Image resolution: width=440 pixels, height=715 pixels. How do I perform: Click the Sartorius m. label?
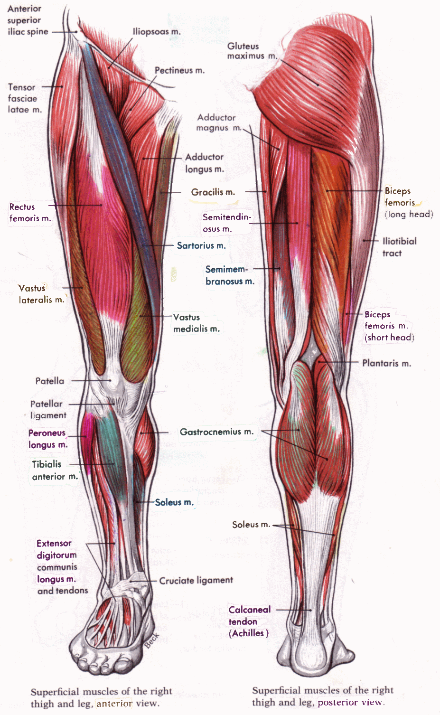[x=201, y=245]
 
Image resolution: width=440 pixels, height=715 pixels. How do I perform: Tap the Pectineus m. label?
[x=179, y=70]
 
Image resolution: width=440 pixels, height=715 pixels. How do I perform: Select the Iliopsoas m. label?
[x=157, y=32]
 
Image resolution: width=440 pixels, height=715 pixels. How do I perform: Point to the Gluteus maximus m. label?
[x=252, y=51]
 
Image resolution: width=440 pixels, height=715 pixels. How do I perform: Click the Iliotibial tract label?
[x=399, y=247]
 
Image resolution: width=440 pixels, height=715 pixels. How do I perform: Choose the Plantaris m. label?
[x=386, y=363]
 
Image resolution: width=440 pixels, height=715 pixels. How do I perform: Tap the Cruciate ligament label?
[x=196, y=580]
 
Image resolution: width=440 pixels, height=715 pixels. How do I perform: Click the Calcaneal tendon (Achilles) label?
[x=249, y=621]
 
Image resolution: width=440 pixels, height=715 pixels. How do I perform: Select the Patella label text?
[x=49, y=381]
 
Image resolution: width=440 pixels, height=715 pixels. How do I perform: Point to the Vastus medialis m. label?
[x=196, y=323]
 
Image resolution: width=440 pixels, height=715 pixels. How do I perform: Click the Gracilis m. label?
[x=213, y=192]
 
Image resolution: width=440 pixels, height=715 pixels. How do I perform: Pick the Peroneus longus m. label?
[x=47, y=439]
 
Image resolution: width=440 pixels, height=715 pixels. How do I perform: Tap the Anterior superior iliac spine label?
[x=27, y=20]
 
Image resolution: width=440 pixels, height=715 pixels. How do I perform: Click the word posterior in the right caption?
[x=336, y=702]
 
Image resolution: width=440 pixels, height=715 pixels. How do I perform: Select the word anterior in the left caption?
[x=114, y=704]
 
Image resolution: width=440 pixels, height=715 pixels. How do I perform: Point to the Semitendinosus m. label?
[x=226, y=223]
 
